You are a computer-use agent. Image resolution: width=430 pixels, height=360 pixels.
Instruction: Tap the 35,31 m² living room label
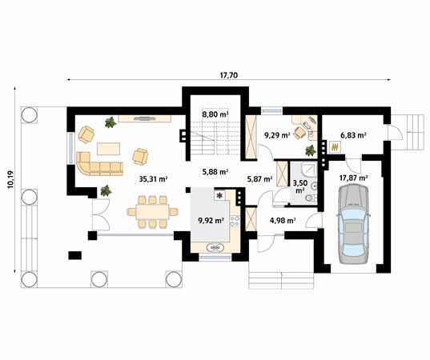pyautogui.click(x=152, y=179)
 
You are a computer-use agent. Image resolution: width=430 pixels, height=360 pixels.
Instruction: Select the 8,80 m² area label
pyautogui.click(x=214, y=115)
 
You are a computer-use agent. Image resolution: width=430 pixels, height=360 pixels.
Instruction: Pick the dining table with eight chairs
pyautogui.click(x=152, y=214)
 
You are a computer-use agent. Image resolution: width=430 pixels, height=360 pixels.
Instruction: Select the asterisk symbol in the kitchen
pyautogui.click(x=219, y=194)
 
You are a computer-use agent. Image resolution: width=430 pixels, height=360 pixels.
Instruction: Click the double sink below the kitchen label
pyautogui.click(x=215, y=248)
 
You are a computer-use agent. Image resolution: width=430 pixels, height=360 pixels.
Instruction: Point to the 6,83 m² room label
pyautogui.click(x=353, y=136)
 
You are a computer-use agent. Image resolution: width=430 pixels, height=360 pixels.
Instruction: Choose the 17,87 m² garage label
pyautogui.click(x=353, y=178)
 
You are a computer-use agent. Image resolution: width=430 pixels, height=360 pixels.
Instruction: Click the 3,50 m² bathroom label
pyautogui.click(x=299, y=186)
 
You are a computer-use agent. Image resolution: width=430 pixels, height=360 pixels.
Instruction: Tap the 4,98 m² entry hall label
pyautogui.click(x=283, y=220)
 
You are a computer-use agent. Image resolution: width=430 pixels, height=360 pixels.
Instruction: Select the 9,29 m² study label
pyautogui.click(x=276, y=136)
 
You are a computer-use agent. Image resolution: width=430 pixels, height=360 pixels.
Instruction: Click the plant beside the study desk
pyautogui.click(x=311, y=150)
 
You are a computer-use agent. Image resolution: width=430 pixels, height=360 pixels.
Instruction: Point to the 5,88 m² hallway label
pyautogui.click(x=215, y=171)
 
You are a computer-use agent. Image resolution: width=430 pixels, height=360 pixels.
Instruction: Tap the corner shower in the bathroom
pyautogui.click(x=305, y=170)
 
